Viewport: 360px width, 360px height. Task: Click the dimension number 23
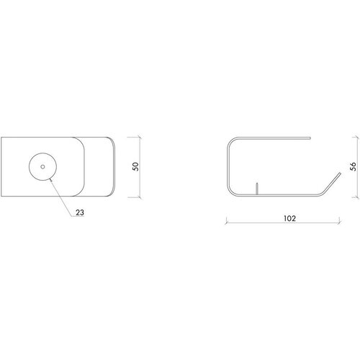80,212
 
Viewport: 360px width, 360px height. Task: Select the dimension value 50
135,166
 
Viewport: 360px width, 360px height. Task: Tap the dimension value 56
353,166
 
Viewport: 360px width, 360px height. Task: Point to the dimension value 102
289,218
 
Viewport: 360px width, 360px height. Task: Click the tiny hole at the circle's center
42,167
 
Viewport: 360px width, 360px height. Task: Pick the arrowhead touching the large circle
50,179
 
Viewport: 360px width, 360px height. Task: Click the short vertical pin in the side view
257,189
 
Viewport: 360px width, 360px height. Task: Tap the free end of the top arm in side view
310,138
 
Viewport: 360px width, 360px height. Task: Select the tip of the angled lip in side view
340,173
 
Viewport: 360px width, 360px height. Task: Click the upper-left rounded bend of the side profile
230,141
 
